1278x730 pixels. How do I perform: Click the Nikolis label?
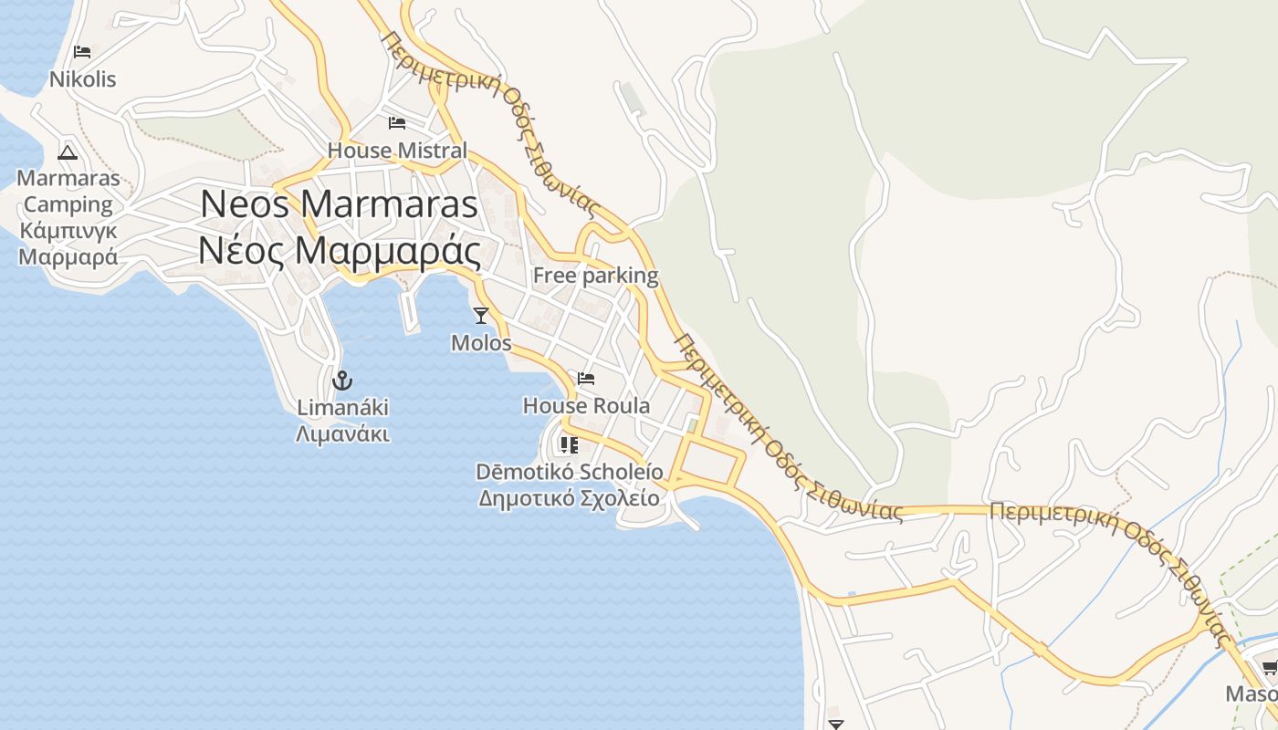(82, 79)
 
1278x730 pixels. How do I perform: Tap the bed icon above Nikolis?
(82, 52)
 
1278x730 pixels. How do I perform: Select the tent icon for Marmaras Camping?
(67, 151)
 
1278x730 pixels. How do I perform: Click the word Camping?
(68, 204)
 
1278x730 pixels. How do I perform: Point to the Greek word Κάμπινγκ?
(68, 230)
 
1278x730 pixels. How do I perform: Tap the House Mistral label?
(397, 151)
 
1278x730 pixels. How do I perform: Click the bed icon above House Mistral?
(396, 122)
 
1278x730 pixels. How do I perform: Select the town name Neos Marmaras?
(339, 204)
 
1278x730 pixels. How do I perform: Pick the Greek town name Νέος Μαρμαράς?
(339, 250)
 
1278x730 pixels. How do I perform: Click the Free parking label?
(595, 276)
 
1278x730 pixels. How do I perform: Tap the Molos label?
(481, 343)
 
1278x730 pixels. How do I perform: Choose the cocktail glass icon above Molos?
(481, 316)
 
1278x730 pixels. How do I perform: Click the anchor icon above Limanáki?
(342, 380)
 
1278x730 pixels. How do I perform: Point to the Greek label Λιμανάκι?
(342, 433)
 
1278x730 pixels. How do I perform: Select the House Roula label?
(586, 406)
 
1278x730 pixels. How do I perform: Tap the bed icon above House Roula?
(586, 379)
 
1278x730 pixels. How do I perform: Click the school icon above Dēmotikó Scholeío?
(569, 445)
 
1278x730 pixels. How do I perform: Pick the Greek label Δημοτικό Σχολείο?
(569, 498)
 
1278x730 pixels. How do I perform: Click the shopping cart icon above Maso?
(1270, 667)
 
